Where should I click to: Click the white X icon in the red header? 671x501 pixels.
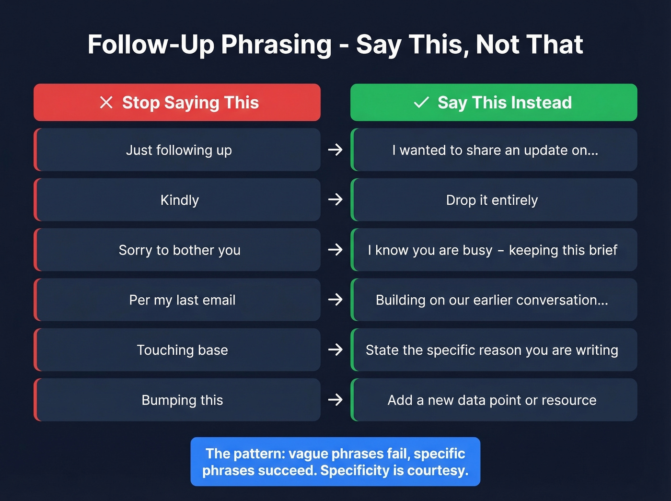(106, 102)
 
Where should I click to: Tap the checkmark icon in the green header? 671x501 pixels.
(421, 102)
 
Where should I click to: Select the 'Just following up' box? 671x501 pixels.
(178, 150)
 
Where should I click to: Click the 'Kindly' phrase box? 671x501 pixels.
(178, 200)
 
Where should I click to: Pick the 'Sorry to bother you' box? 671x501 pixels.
(178, 250)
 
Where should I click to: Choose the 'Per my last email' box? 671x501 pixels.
(178, 300)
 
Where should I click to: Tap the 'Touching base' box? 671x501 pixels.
(178, 350)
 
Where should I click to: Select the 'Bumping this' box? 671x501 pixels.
(178, 400)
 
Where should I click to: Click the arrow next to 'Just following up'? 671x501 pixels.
(335, 150)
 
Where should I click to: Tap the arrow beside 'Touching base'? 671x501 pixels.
(335, 350)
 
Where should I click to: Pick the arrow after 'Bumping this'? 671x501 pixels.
(335, 400)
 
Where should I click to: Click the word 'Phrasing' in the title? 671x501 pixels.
(276, 45)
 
